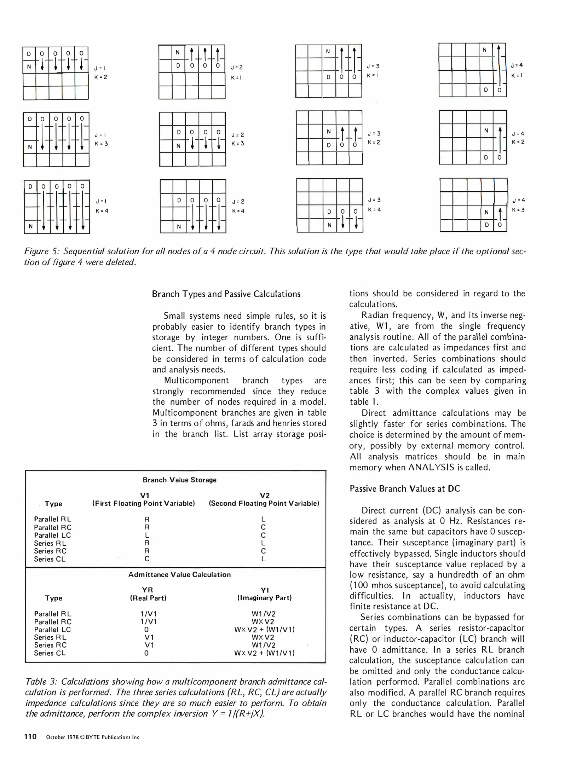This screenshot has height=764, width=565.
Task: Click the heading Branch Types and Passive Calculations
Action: (226, 294)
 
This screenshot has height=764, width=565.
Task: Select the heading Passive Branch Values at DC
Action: (404, 489)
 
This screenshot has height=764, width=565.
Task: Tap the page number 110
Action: (30, 737)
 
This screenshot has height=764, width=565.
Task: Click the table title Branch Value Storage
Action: (179, 480)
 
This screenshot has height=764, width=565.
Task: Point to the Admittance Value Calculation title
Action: (179, 575)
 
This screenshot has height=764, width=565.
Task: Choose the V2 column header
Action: (264, 496)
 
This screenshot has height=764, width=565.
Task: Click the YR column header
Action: (147, 590)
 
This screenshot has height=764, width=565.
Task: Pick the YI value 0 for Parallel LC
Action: (146, 630)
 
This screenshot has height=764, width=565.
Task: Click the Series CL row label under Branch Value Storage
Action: (50, 559)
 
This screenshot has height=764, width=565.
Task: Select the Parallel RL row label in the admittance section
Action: (52, 614)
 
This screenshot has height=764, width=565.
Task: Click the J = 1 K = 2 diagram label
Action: (100, 73)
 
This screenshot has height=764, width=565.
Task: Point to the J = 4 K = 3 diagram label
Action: (518, 205)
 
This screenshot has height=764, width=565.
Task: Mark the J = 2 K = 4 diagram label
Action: (238, 206)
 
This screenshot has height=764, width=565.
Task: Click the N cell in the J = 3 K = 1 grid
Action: (328, 51)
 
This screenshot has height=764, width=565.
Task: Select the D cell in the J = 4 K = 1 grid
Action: (486, 90)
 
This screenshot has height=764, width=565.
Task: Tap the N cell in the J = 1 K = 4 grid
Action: (31, 226)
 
